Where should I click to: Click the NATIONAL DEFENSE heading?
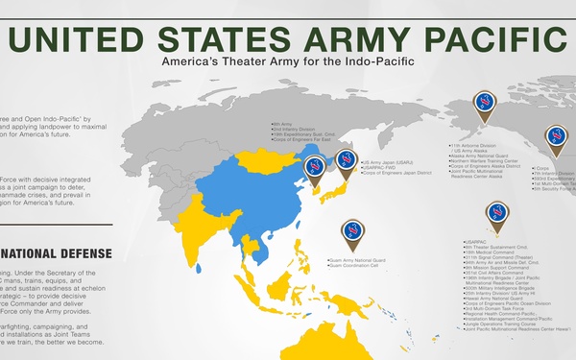(58, 253)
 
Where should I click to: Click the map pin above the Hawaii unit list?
(497, 213)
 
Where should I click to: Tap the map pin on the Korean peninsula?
(314, 169)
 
